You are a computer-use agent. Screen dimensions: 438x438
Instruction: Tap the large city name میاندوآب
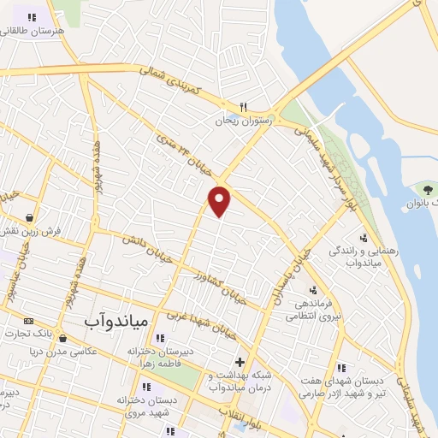point(117,320)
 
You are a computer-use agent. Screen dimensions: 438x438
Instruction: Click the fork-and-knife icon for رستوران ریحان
point(243,108)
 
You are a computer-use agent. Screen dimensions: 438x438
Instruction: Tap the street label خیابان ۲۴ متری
point(181,151)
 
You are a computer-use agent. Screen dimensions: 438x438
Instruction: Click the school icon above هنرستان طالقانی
point(32,16)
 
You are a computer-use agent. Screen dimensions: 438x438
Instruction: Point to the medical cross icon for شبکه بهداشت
point(240,362)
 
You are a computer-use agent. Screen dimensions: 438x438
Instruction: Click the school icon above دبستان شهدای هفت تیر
point(341,368)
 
